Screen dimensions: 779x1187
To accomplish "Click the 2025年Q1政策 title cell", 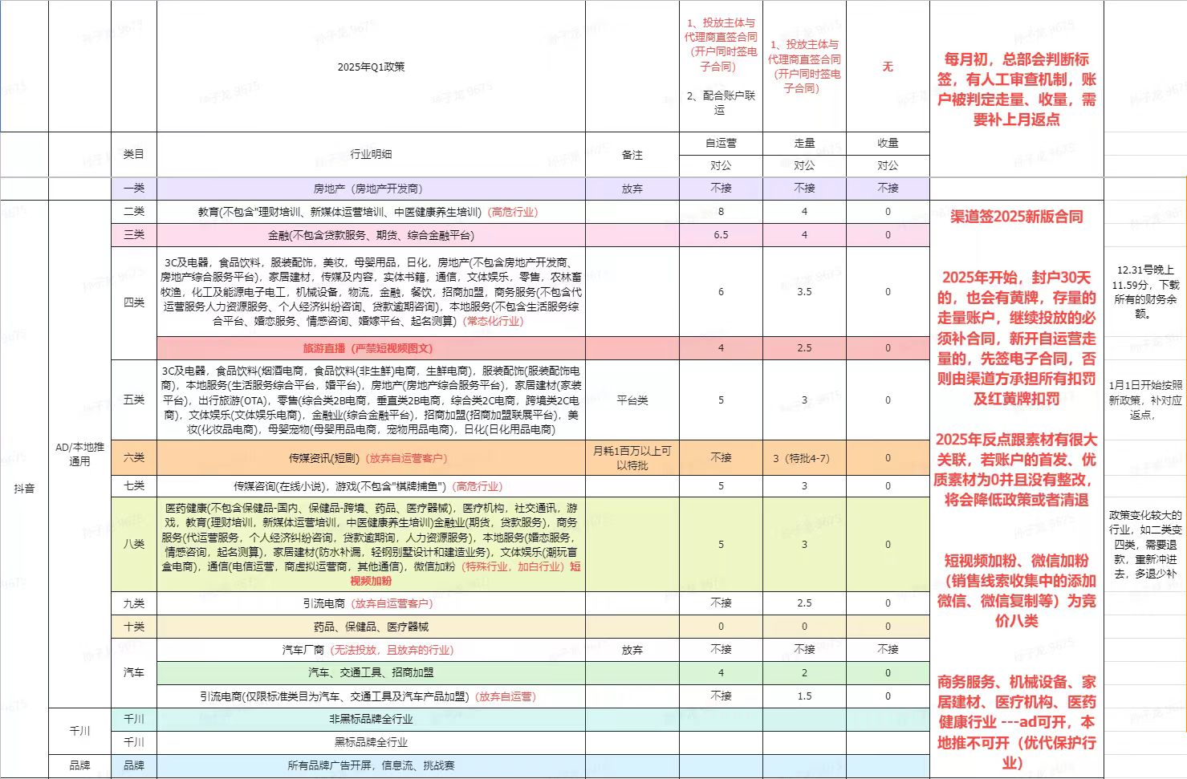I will click(371, 67).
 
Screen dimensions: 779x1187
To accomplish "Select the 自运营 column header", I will click(721, 143).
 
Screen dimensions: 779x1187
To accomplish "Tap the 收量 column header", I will click(888, 143).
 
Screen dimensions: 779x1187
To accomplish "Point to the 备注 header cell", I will click(632, 154).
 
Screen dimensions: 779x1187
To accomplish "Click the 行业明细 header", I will click(371, 154).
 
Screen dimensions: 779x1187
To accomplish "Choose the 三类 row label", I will click(134, 235).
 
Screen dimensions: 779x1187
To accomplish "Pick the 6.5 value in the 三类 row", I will click(721, 235).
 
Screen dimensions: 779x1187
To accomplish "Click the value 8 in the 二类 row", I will click(721, 212).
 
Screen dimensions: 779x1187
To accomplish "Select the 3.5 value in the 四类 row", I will click(804, 292).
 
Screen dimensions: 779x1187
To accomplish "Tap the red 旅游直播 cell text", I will click(368, 348).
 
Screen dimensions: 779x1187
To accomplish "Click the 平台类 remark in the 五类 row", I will click(632, 400).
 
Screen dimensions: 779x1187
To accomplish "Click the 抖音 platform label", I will click(24, 488).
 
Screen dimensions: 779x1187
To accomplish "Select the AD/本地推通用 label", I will click(79, 454).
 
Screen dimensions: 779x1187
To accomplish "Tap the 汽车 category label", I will click(134, 672).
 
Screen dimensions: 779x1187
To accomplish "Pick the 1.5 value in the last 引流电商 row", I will click(804, 696).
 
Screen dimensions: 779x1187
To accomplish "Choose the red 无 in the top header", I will click(888, 67).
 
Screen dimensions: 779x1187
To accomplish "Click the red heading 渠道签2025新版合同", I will click(1017, 217).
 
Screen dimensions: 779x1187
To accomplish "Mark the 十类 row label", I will click(134, 627).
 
